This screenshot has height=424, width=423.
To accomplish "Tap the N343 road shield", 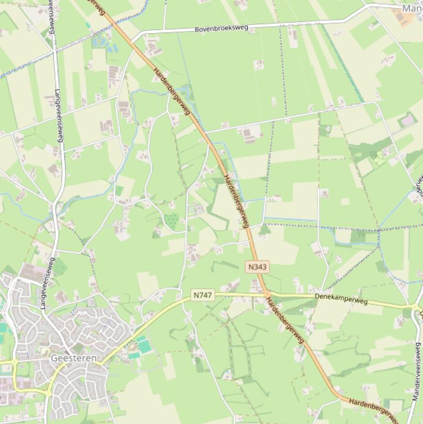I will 257,267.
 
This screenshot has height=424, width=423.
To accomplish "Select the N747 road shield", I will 202,295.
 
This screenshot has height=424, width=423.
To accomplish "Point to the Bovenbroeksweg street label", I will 221,28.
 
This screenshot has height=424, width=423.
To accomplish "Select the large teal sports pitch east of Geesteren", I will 144,346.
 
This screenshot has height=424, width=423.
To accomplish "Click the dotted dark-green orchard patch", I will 172,221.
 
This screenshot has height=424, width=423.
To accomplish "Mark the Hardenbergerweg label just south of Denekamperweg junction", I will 285,319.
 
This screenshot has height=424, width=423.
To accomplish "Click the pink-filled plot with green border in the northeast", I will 407,120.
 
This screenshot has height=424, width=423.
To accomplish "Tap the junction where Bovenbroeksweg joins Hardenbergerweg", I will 135,39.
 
